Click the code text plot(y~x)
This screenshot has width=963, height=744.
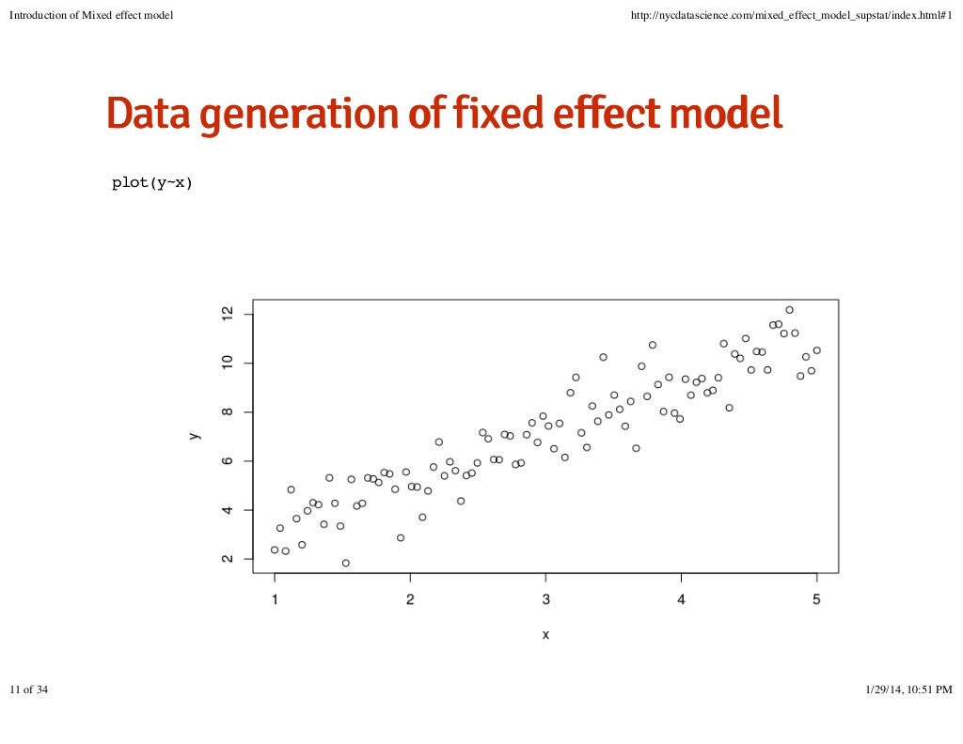tap(151, 183)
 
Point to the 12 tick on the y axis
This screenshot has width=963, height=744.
tap(227, 313)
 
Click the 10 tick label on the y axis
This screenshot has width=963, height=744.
tap(227, 363)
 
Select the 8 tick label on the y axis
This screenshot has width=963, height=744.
tap(227, 411)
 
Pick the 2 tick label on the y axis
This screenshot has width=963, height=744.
tap(227, 559)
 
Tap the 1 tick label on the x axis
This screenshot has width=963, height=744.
tap(275, 600)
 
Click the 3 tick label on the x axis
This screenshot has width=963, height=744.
tap(545, 600)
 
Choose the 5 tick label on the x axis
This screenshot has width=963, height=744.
tap(816, 600)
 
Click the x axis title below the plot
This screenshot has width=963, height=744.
tap(545, 635)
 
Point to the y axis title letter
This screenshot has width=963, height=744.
tap(193, 436)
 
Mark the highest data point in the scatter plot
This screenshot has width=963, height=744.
tap(789, 310)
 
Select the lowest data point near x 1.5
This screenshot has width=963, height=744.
tap(345, 563)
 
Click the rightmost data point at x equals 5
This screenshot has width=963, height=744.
tap(816, 350)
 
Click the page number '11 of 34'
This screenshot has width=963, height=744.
tap(28, 690)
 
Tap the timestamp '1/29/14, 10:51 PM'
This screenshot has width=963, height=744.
tap(908, 690)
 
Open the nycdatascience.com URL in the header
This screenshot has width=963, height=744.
tap(795, 14)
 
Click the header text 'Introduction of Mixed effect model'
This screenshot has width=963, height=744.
tap(91, 14)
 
